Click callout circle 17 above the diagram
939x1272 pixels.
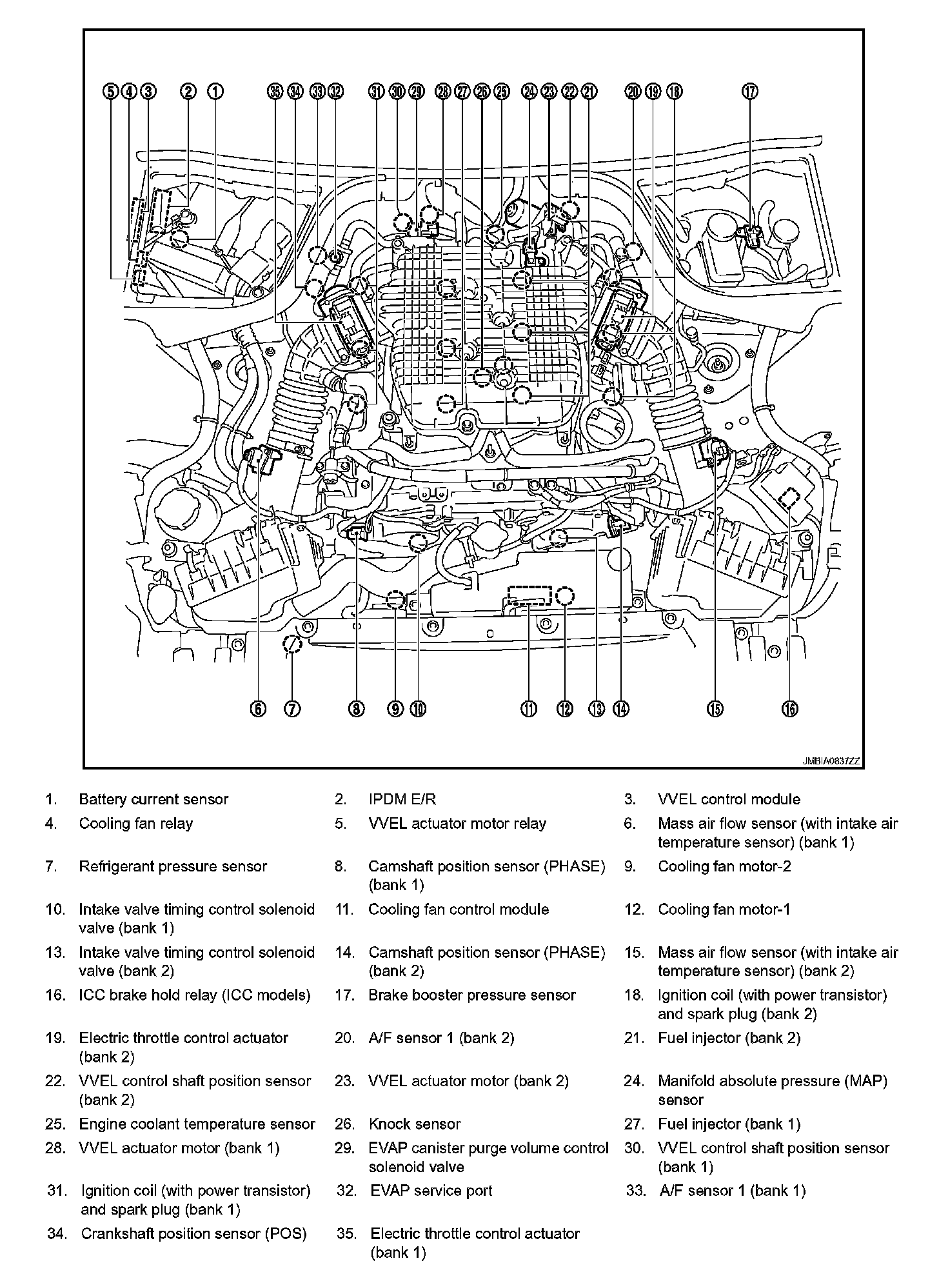pyautogui.click(x=749, y=92)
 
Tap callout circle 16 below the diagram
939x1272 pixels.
pyautogui.click(x=790, y=709)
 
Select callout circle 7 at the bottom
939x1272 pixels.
pyautogui.click(x=292, y=709)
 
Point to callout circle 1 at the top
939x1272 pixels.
pyautogui.click(x=215, y=92)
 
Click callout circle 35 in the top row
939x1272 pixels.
pyautogui.click(x=275, y=92)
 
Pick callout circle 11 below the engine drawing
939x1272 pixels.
pyautogui.click(x=529, y=709)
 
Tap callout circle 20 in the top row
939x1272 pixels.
pyautogui.click(x=633, y=92)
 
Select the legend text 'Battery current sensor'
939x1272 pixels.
pyautogui.click(x=153, y=799)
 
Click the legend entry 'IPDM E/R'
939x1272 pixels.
pyautogui.click(x=402, y=799)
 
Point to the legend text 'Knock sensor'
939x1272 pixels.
pyautogui.click(x=415, y=1124)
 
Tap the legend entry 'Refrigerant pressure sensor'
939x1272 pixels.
pyautogui.click(x=173, y=866)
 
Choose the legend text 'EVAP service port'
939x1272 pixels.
pyautogui.click(x=431, y=1191)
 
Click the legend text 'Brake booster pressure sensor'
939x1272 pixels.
pyautogui.click(x=471, y=995)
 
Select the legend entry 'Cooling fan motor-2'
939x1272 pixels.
pyautogui.click(x=724, y=866)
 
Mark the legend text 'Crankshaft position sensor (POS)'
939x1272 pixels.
pyautogui.click(x=193, y=1234)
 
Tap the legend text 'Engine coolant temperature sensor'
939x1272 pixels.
pyautogui.click(x=197, y=1124)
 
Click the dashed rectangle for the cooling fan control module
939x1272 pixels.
pyautogui.click(x=529, y=595)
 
